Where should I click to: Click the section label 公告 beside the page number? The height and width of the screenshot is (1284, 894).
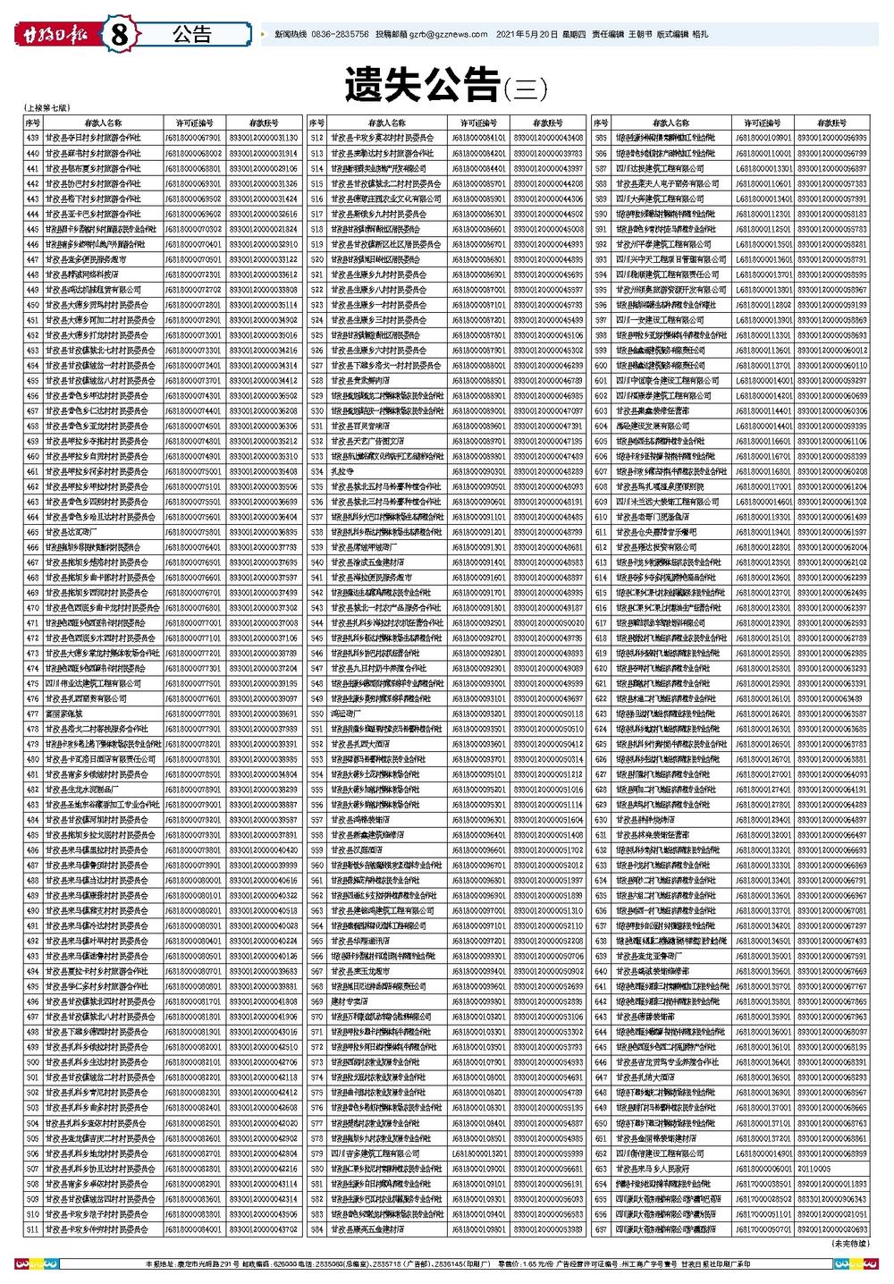[191, 35]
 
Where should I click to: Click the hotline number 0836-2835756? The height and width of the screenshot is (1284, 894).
[341, 35]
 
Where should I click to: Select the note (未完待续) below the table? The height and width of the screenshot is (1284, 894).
[850, 1244]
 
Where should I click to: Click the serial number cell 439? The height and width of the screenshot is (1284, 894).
[33, 138]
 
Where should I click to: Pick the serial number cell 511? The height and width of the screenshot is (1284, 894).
[33, 1229]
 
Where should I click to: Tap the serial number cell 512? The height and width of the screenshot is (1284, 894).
[316, 138]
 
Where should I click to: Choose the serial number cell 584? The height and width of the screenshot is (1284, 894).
[316, 1229]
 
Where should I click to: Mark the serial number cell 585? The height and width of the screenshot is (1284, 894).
[601, 138]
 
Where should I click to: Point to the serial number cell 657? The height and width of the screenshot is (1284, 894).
[601, 1229]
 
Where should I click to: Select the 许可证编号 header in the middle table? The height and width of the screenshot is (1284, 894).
[480, 122]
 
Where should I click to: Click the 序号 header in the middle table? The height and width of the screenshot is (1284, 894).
[316, 122]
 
